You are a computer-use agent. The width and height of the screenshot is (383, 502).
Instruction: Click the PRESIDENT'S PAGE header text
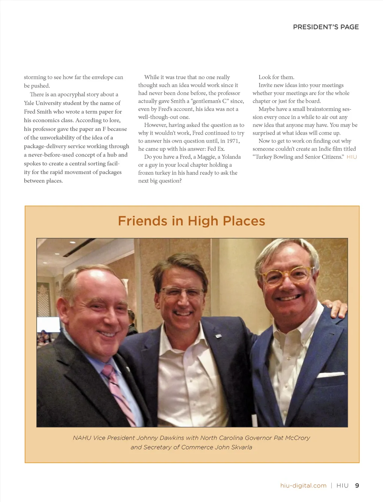(326, 27)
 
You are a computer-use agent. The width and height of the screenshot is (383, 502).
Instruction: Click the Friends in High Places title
(191, 221)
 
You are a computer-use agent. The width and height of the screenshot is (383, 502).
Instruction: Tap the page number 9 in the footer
(357, 486)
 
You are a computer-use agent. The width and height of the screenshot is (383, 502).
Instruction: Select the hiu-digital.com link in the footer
(303, 486)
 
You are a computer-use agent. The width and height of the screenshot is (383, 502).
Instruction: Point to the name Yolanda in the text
(231, 157)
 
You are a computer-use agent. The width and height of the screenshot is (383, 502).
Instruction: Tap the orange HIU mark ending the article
(352, 157)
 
